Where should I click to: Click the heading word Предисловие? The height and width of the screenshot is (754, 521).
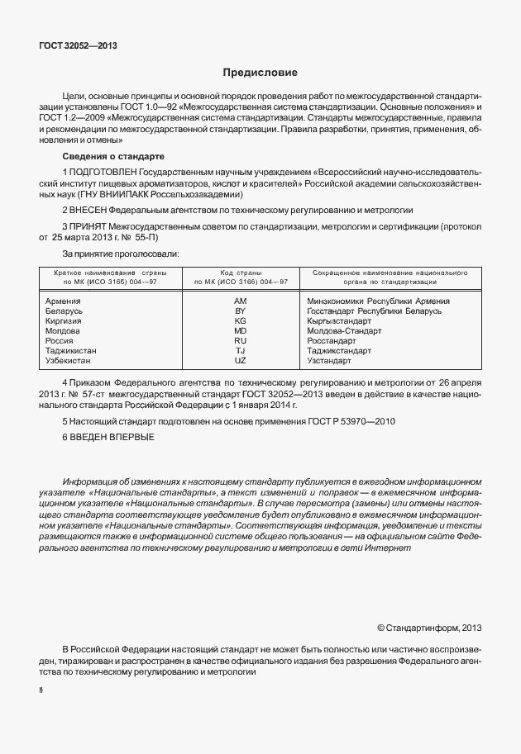point(260,74)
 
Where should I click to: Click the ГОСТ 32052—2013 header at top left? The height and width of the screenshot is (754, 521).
point(77,45)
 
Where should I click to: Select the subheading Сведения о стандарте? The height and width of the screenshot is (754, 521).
point(113,157)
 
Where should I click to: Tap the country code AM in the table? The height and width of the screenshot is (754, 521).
point(241,301)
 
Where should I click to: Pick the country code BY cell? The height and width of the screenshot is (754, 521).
point(241,311)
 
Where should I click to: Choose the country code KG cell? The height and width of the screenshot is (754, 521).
point(241,320)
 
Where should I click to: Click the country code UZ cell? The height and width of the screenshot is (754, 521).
point(241,360)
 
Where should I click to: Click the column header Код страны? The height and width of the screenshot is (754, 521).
point(241,272)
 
